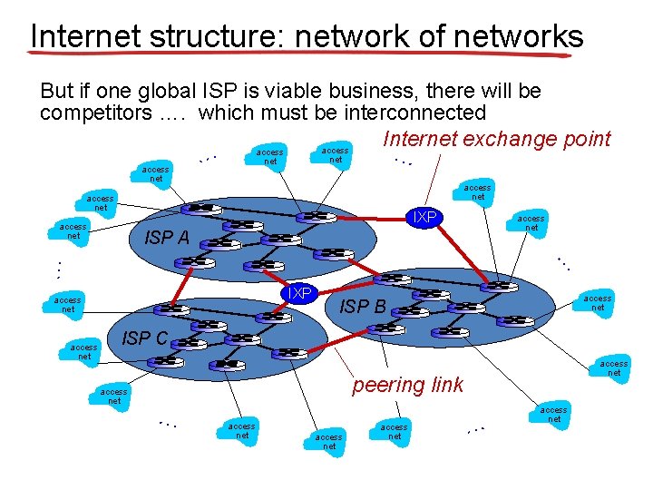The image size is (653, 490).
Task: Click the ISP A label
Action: point(167,238)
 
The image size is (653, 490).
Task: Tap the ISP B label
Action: point(362,307)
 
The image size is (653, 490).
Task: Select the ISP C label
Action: point(144,338)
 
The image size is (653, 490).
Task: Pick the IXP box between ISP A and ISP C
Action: point(298,293)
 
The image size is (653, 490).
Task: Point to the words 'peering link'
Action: point(407,385)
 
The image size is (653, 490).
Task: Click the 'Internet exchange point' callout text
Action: point(497,139)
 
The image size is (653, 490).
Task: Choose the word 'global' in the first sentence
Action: point(190,92)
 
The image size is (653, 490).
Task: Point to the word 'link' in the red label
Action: point(444,385)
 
